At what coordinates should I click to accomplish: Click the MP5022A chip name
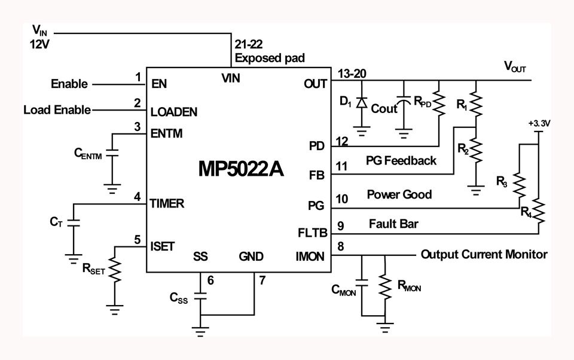[241, 169]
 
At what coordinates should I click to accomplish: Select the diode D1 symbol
[362, 102]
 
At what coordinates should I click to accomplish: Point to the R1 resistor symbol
[476, 103]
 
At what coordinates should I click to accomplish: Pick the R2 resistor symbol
[476, 151]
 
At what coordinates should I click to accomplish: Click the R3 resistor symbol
[519, 185]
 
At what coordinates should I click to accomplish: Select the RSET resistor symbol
[115, 270]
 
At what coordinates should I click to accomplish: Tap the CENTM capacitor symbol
[112, 152]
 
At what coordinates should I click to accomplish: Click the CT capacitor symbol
[73, 222]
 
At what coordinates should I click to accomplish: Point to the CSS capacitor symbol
[200, 296]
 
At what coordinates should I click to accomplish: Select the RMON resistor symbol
[384, 287]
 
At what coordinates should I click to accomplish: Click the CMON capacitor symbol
[362, 282]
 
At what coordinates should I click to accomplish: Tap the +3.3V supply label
[539, 123]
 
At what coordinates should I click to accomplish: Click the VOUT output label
[515, 66]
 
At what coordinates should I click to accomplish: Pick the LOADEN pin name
[174, 112]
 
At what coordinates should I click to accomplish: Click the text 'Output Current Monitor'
[484, 254]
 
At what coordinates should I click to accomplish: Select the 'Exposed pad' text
[270, 58]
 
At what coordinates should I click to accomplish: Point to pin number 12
[342, 141]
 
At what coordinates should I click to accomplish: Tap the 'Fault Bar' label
[393, 224]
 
